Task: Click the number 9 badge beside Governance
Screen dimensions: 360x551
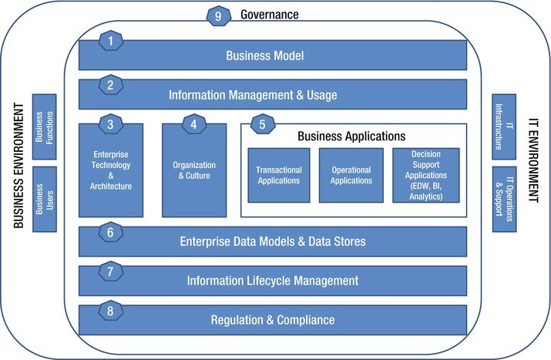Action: point(218,15)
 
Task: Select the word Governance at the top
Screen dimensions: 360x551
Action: point(270,15)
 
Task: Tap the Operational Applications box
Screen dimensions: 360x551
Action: point(351,175)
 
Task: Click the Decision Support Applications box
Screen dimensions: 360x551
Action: point(426,175)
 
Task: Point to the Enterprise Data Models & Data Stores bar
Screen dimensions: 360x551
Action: point(274,241)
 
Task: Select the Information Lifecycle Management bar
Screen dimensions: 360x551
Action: point(274,280)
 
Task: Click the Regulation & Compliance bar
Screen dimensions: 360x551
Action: point(274,319)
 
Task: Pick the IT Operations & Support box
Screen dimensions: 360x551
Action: point(504,198)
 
